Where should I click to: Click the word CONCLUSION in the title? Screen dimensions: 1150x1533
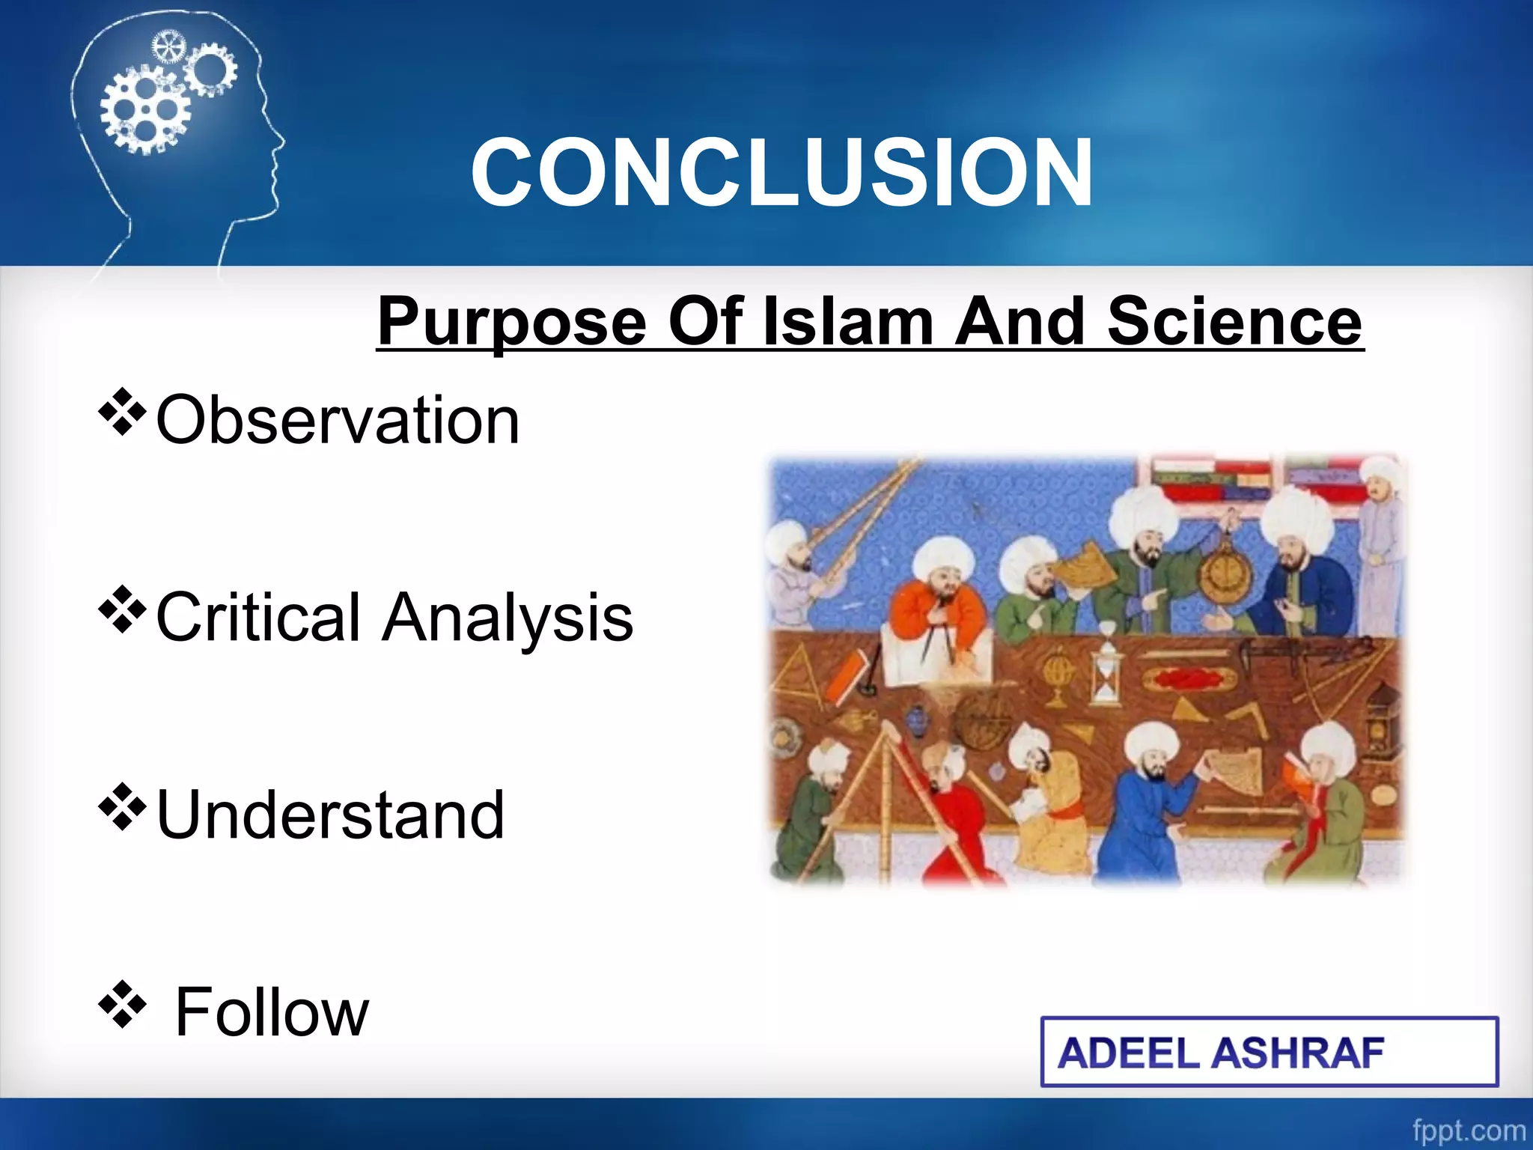coord(781,174)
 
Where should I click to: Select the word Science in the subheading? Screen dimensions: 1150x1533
coord(1234,322)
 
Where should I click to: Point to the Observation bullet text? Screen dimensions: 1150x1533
coord(337,421)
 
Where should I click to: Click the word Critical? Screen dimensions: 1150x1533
coord(258,618)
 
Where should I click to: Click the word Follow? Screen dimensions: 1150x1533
coord(272,1012)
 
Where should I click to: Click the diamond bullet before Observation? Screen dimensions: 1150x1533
coord(122,412)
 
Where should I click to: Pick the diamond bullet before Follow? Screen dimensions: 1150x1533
coord(122,1004)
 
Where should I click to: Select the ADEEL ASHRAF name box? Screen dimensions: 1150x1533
coord(1269,1052)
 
